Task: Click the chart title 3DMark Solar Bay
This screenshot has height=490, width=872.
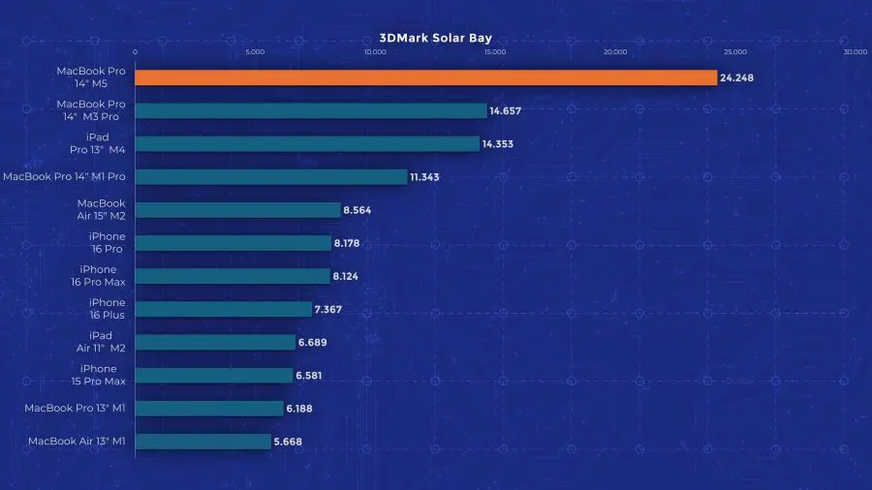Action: [435, 39]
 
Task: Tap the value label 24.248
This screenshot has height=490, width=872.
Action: [737, 77]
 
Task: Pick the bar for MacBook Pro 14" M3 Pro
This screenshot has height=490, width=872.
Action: [310, 110]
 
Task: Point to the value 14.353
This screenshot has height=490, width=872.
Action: [502, 143]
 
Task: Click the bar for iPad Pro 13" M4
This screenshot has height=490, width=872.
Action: [306, 143]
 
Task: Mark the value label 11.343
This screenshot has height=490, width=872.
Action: [429, 176]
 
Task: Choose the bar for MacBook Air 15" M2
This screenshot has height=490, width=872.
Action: [237, 209]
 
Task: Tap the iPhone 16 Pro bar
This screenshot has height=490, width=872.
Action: [233, 243]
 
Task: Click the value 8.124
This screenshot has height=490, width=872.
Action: [352, 276]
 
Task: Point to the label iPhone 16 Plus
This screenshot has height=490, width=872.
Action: [102, 309]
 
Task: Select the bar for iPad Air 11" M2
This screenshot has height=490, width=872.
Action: [214, 342]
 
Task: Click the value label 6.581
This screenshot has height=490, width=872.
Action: [315, 375]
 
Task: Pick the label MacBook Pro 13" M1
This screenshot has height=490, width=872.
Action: [76, 408]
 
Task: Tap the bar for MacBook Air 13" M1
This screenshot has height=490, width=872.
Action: [202, 442]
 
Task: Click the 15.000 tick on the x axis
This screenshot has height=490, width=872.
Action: [494, 51]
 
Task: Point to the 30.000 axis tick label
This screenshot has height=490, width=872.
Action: [855, 51]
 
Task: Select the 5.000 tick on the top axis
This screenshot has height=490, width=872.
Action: [254, 51]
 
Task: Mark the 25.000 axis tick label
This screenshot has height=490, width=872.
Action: [734, 51]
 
